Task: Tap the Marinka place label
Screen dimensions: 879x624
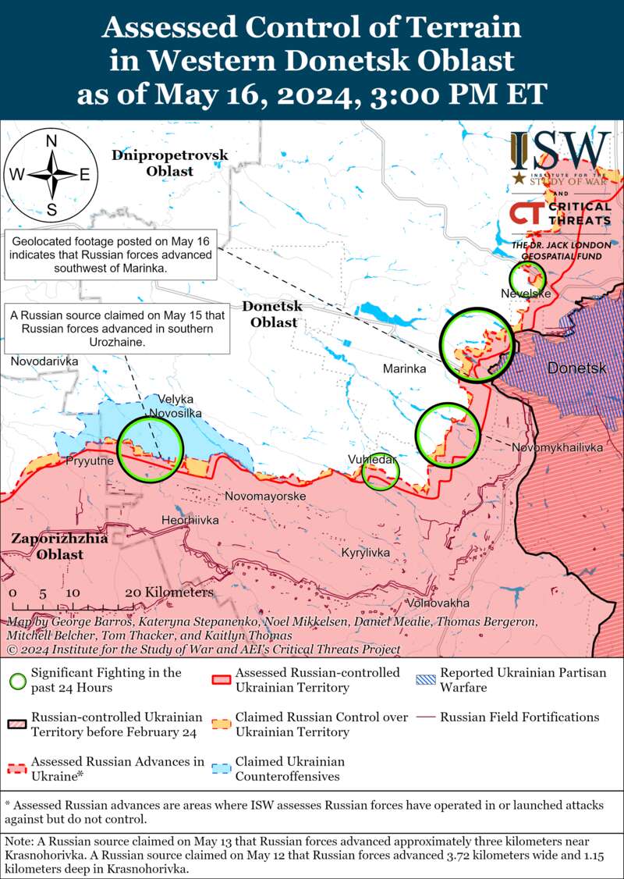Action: coord(404,368)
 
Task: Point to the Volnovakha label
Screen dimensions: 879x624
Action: coord(438,603)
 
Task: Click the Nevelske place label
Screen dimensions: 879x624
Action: coord(526,294)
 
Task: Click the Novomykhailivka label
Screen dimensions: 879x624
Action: coord(557,447)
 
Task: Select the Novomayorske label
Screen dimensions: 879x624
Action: coord(264,496)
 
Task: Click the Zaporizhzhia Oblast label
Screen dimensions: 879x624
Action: coord(48,546)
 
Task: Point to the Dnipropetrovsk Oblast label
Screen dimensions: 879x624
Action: coord(169,162)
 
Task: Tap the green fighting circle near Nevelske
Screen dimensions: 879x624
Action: coord(526,278)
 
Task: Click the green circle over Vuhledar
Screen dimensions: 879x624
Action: coord(381,472)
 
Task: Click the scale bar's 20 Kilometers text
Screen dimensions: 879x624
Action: coord(168,593)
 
